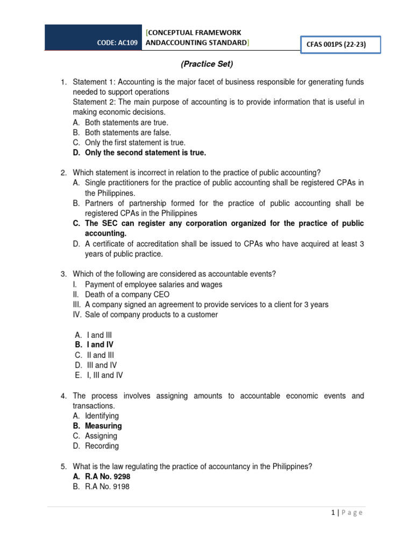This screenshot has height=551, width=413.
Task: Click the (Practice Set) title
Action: click(x=206, y=64)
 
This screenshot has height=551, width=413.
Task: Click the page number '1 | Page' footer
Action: click(x=347, y=513)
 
